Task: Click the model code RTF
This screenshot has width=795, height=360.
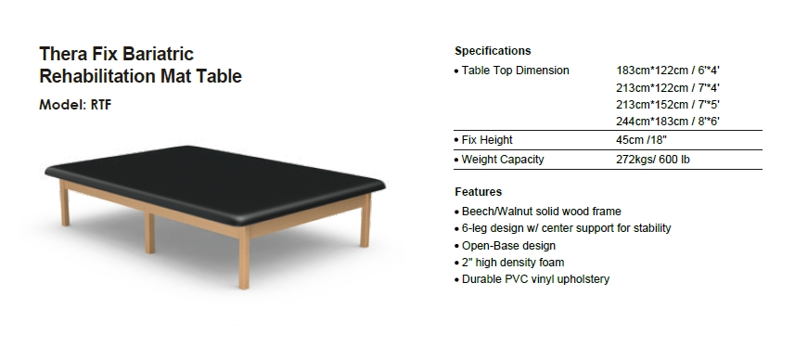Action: tap(101, 105)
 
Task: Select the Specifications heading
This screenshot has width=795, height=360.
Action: tap(493, 51)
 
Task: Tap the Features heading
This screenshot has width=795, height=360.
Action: tap(478, 192)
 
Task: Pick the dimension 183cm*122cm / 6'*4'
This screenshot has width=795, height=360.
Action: tap(668, 71)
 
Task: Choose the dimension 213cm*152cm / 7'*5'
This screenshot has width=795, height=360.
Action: tap(668, 105)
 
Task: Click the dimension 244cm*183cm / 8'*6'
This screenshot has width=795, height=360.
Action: tap(668, 122)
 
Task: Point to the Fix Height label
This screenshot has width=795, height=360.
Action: tap(487, 140)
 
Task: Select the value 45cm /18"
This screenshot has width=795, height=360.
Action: tap(641, 140)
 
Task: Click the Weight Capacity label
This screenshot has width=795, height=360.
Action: tap(503, 160)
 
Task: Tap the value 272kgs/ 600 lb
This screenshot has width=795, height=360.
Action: tap(652, 160)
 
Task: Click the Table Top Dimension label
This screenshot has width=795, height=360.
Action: tap(515, 71)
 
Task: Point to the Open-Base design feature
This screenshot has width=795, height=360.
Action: tap(508, 245)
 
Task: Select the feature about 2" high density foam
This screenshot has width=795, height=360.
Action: tap(513, 263)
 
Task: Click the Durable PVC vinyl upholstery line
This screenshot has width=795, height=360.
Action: tap(535, 279)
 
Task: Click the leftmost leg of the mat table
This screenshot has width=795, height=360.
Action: tap(64, 203)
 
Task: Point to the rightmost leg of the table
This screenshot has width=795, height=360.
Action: tap(365, 221)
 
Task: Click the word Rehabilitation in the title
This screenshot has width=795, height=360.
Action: tap(97, 76)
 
